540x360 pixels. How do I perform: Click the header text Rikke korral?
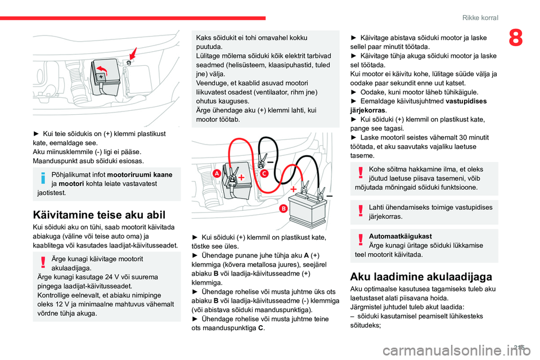(x=480, y=18)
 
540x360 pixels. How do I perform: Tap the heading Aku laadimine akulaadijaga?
(x=421, y=276)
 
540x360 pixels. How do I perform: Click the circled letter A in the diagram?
(x=216, y=175)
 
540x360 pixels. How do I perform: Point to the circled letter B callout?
(x=283, y=209)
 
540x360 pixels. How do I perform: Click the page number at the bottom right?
(x=520, y=348)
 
